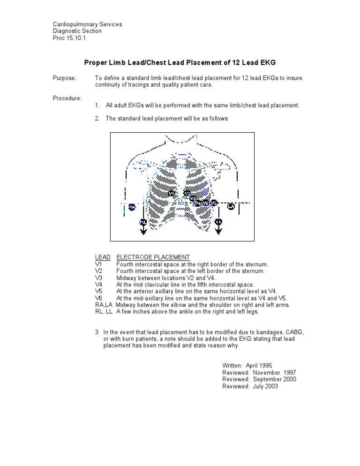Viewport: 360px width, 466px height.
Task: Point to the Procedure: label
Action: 67,98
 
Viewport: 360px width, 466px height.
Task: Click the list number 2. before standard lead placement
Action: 97,119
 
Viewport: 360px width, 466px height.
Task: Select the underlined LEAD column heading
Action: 103,257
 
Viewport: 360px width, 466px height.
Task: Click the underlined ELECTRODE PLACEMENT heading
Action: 153,257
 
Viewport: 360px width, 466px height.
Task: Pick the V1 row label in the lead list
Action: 98,264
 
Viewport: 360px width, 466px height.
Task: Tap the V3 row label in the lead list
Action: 98,278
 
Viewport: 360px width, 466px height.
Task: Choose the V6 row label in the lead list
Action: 98,298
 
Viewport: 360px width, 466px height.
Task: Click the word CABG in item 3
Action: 295,332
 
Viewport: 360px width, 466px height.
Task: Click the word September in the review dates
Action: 268,379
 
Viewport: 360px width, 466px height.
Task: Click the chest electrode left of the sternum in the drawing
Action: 171,193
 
